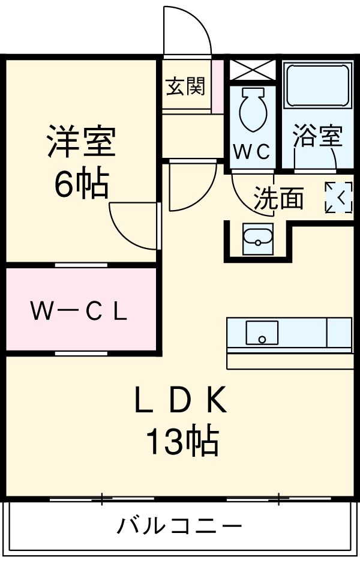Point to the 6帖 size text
tap(81, 184)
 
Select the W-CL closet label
tap(79, 311)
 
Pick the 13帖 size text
tap(180, 442)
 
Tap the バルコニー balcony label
tap(179, 527)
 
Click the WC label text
tap(253, 152)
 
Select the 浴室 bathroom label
tap(317, 136)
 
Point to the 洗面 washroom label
tap(278, 198)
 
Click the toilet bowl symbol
tap(252, 110)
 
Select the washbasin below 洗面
tap(258, 239)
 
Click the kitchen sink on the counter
tap(262, 332)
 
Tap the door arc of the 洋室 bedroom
tap(133, 226)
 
